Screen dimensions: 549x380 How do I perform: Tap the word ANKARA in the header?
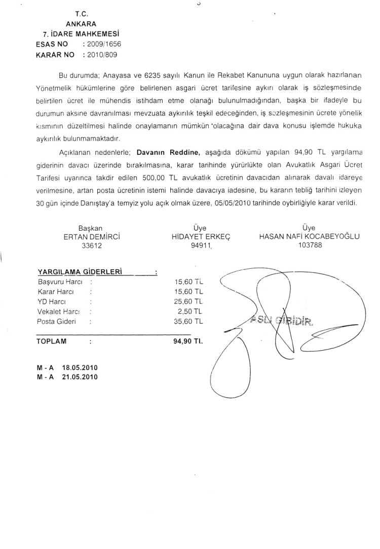pyautogui.click(x=82, y=23)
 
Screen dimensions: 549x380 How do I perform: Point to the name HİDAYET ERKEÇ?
pyautogui.click(x=201, y=236)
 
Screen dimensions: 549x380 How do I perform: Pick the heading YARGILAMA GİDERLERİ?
pyautogui.click(x=81, y=272)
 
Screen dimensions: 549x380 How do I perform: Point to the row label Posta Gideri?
pyautogui.click(x=56, y=321)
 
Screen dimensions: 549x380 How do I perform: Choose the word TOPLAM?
pyautogui.click(x=52, y=341)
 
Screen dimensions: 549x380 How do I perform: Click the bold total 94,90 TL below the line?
pyautogui.click(x=188, y=341)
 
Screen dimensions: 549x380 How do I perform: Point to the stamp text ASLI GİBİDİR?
pyautogui.click(x=282, y=320)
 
